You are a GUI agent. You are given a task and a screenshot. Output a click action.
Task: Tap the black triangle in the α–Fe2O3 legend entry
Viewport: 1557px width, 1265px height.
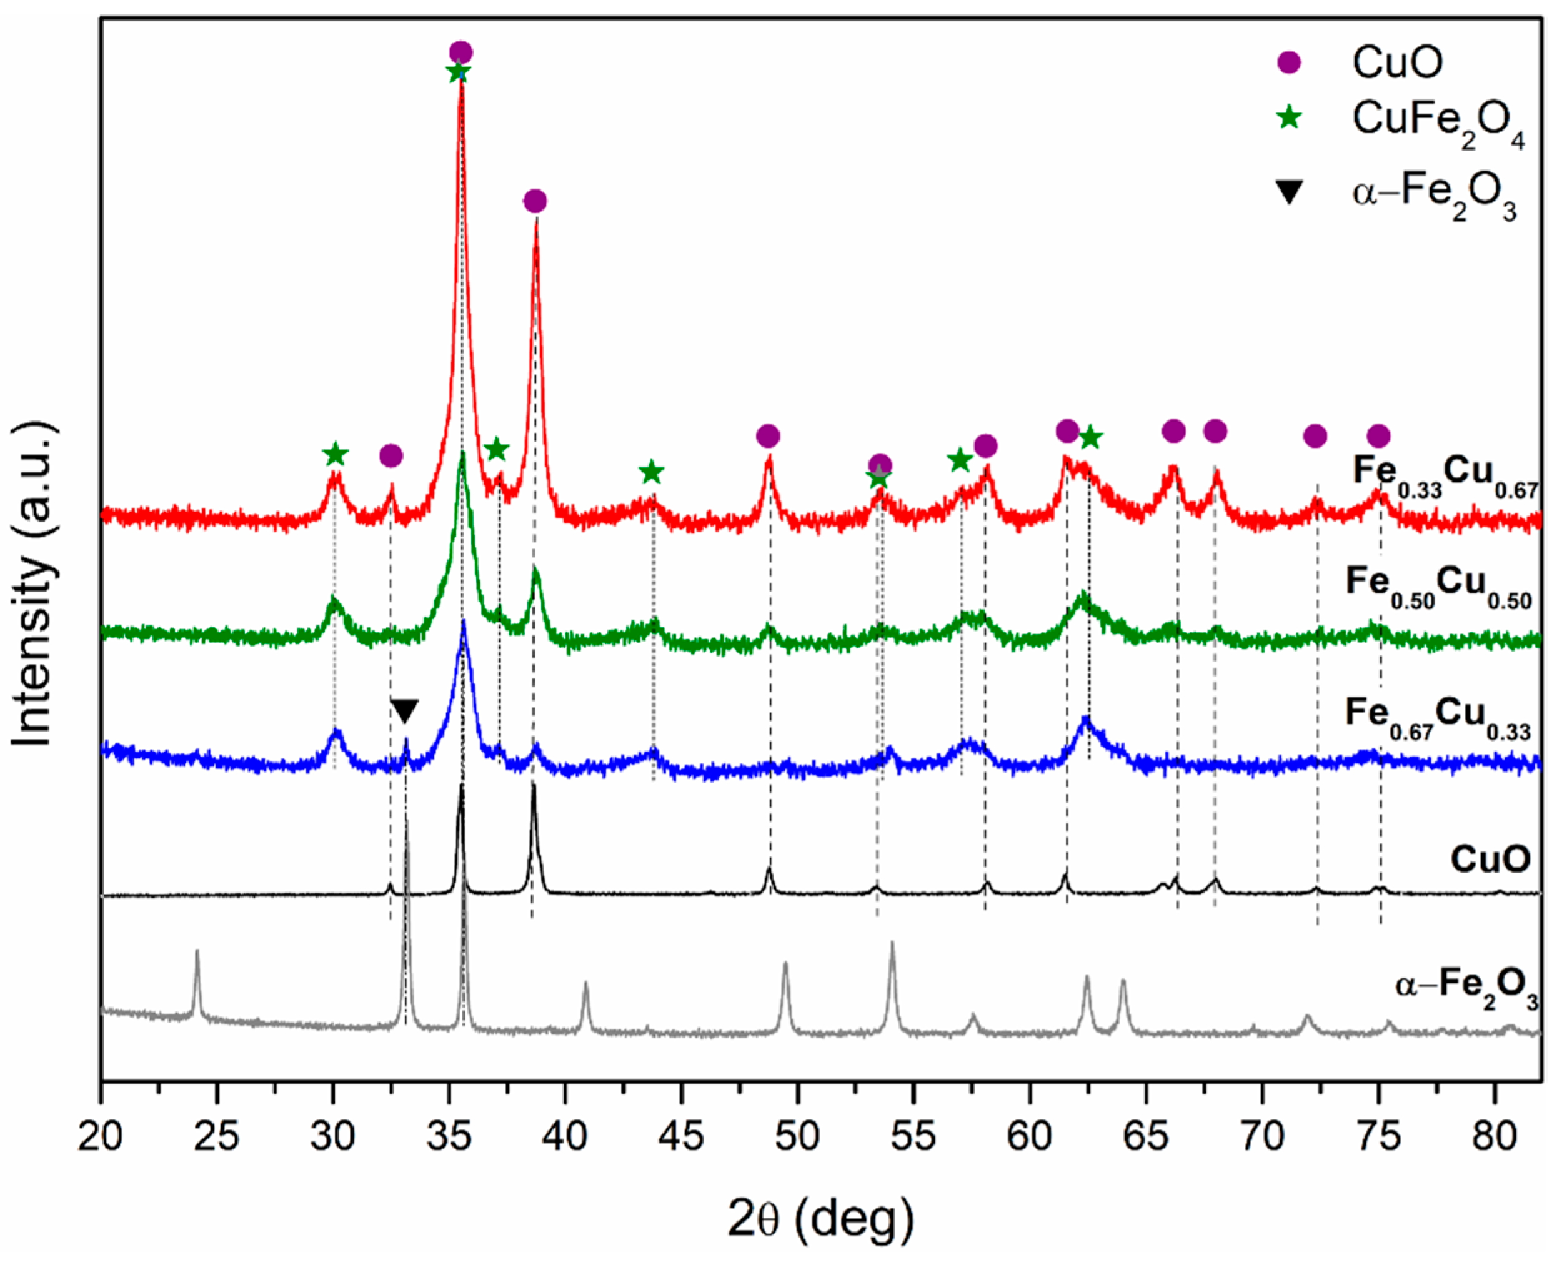pos(1290,192)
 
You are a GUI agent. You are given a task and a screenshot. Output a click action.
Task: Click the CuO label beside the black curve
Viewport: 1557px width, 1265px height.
pos(1490,860)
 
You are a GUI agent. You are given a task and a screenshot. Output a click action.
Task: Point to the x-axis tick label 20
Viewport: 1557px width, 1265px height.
pos(101,1136)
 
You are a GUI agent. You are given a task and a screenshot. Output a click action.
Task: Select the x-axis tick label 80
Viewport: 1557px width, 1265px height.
pos(1495,1136)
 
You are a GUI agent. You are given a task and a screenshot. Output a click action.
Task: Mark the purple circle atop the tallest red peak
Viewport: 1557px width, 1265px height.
pos(460,52)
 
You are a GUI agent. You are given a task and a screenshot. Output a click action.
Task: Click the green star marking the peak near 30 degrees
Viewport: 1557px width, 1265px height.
pos(335,455)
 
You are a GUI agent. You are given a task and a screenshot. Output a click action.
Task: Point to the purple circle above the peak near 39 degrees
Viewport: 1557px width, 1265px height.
pos(535,201)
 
